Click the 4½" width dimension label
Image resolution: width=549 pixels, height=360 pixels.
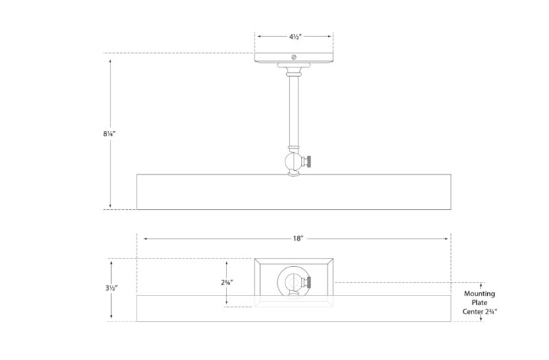click(x=295, y=37)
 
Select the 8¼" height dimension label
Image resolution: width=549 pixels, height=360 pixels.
click(x=109, y=133)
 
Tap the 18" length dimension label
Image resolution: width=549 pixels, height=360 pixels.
click(x=298, y=239)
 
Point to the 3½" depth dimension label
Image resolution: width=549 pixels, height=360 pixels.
click(x=111, y=288)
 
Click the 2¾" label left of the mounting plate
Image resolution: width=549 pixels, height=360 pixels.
click(x=227, y=283)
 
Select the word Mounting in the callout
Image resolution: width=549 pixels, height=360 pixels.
click(x=479, y=294)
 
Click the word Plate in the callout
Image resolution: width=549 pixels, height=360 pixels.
click(x=479, y=302)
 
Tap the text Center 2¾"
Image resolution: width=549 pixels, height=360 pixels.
click(x=479, y=311)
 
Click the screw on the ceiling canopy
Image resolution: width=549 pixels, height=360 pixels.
click(x=294, y=57)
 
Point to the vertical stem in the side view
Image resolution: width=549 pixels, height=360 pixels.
click(x=294, y=111)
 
